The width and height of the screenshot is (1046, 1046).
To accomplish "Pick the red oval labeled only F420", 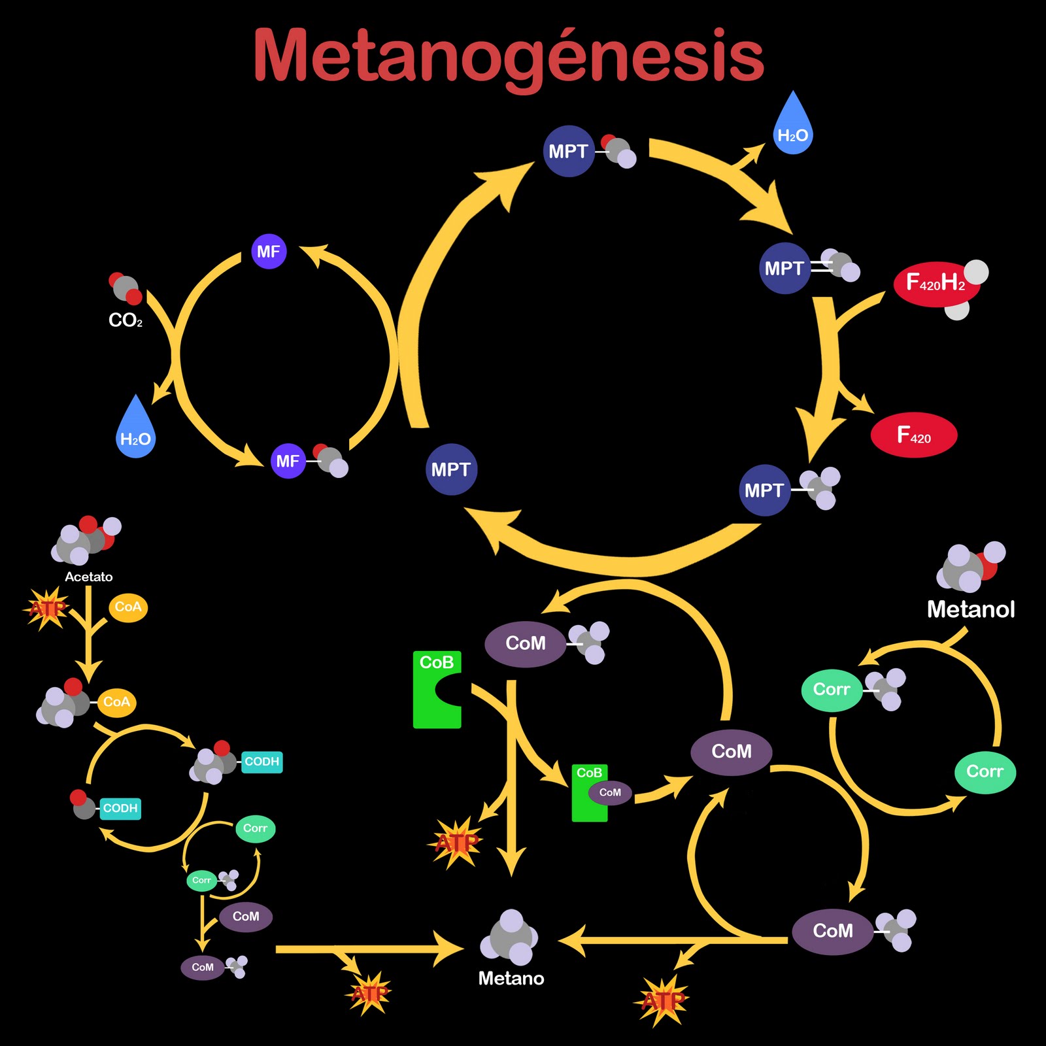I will (x=913, y=435).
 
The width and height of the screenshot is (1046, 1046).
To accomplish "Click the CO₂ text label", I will (x=125, y=320).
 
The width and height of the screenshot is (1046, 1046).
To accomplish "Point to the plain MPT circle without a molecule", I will (x=451, y=469).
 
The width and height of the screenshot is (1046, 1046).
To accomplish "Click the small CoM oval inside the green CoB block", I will (x=609, y=792).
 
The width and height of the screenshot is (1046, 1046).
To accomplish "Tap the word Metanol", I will (x=971, y=609).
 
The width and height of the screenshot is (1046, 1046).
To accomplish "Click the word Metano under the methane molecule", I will (x=511, y=978).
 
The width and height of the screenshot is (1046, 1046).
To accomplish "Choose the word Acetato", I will (x=88, y=577).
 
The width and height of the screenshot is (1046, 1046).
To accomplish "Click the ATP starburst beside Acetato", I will (x=46, y=609).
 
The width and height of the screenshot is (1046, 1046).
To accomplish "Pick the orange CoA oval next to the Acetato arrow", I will (x=127, y=607).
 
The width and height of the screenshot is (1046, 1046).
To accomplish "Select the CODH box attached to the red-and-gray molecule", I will (x=120, y=809).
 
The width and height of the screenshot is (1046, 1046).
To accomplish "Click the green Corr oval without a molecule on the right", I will (x=985, y=772).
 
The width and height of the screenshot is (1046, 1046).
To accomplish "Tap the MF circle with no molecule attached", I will (x=269, y=252).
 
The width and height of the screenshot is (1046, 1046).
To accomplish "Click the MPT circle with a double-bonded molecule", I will (x=785, y=268).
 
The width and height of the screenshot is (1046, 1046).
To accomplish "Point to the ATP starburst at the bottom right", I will (x=662, y=1000).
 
